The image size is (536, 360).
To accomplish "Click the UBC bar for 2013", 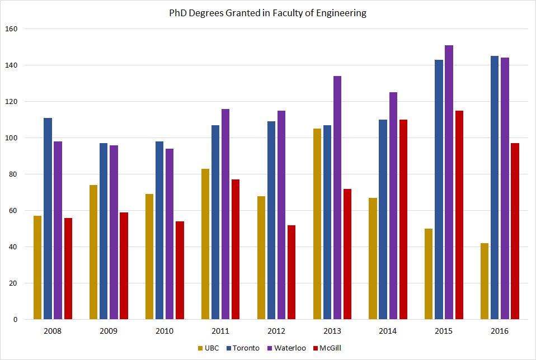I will tap(317, 224).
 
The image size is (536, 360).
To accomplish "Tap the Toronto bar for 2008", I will tap(48, 219).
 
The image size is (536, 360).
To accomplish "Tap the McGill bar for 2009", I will tap(124, 266).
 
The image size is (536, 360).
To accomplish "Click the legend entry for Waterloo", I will tap(289, 348).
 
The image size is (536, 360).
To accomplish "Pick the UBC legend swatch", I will tap(201, 348).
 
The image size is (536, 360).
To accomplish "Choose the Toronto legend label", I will tap(247, 348).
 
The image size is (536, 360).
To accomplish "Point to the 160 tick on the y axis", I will tap(11, 29).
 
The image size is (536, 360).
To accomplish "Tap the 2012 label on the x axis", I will tap(276, 331).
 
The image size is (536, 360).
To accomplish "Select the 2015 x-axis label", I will tap(444, 331).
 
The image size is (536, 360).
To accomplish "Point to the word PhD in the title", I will tap(178, 13).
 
